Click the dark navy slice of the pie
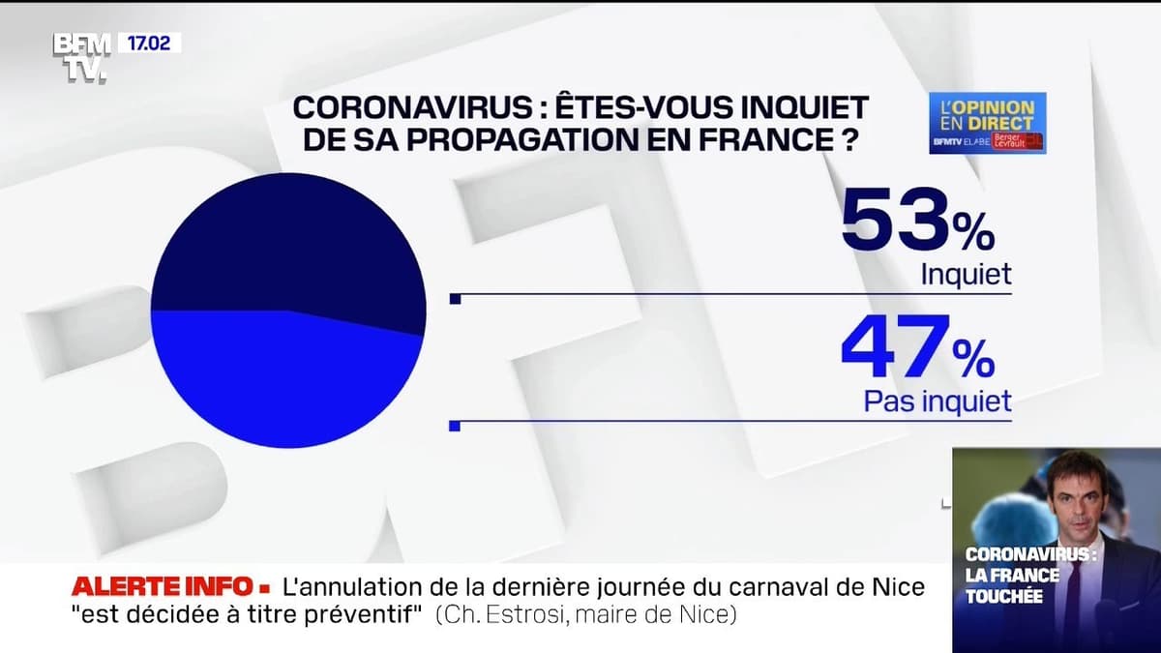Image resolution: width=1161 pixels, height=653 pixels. point(288,242)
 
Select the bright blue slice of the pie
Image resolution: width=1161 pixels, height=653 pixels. point(288,382)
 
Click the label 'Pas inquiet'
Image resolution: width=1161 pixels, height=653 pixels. point(938,401)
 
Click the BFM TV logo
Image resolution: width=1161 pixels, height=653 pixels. point(81,58)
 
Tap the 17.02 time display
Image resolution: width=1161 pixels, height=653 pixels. point(149,44)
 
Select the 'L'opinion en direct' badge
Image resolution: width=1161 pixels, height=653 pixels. point(987,123)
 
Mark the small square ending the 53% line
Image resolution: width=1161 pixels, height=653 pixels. point(456,299)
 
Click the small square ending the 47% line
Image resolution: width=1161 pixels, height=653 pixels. point(456,425)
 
